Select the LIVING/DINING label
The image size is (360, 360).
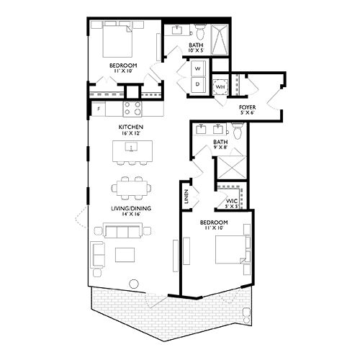130,209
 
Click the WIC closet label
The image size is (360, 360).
232,201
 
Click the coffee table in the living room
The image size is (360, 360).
125,256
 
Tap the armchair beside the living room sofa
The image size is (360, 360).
98,253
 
